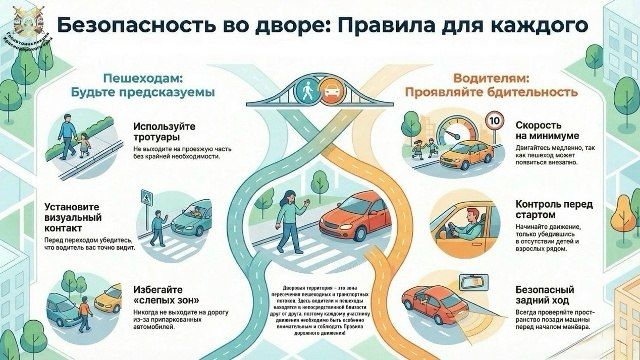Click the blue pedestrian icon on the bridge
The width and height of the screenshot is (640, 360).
click(307, 89)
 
